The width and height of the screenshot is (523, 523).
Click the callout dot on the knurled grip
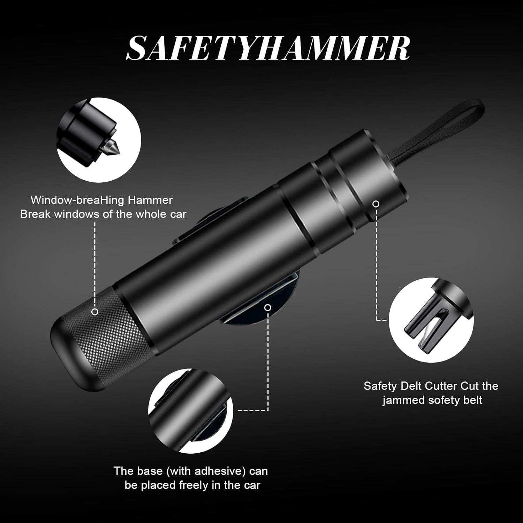point(95,312)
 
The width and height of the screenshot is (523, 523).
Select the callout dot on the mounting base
point(268,307)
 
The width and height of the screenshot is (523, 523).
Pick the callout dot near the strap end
point(376,204)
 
